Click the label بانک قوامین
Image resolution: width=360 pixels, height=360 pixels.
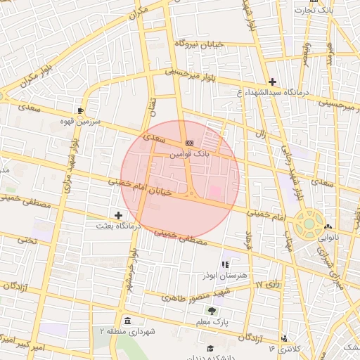[x=189, y=152]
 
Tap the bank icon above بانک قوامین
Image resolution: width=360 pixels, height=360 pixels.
[x=189, y=143]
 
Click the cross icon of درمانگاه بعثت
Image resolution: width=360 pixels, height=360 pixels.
[x=118, y=215]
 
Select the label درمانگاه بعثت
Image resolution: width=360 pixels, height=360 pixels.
[x=119, y=226]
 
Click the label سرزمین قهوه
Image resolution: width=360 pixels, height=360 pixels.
[x=81, y=121]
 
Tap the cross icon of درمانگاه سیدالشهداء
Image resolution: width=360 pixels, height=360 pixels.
[x=273, y=82]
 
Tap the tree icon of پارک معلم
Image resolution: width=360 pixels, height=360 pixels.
[x=213, y=310]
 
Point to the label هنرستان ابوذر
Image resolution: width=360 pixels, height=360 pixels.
[x=225, y=276]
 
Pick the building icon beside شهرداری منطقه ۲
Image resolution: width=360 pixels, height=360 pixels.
[x=127, y=321]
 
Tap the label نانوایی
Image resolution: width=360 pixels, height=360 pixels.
[x=327, y=237]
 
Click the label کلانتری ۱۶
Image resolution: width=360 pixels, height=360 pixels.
[x=284, y=348]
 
